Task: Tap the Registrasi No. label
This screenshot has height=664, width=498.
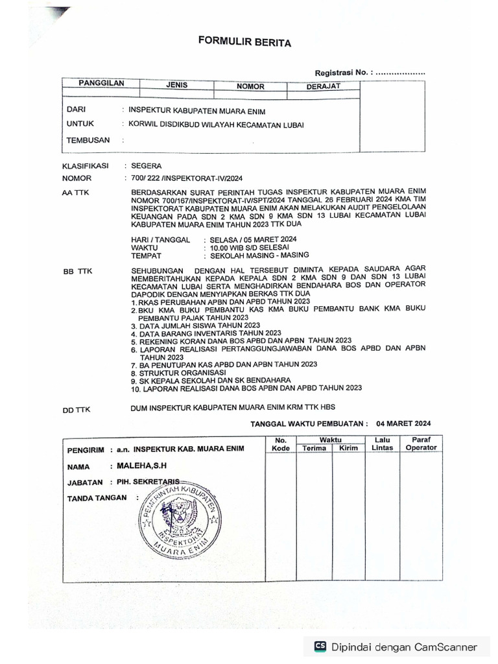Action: [x=344, y=73]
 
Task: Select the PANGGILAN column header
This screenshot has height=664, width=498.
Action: [x=101, y=84]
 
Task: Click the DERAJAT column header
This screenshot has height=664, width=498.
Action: [x=323, y=86]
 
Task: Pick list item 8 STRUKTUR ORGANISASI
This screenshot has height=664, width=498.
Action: [x=177, y=373]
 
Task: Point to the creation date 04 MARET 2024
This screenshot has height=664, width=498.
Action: [x=403, y=423]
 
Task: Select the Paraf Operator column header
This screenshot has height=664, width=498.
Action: [x=421, y=444]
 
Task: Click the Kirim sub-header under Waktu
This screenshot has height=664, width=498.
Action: [x=348, y=448]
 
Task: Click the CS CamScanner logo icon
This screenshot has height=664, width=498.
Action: [x=320, y=646]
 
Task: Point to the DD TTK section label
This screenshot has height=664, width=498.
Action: [x=75, y=410]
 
